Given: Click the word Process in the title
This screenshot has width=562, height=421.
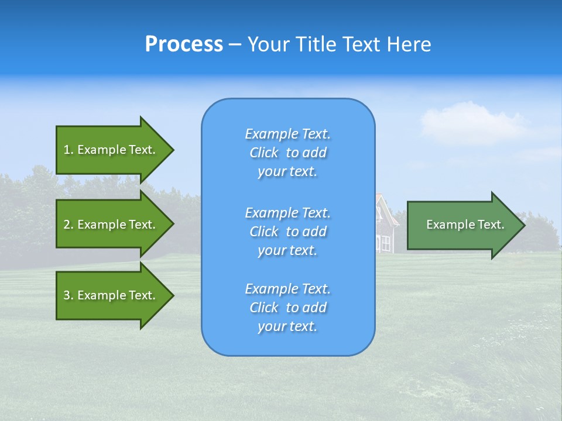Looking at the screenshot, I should [x=184, y=44].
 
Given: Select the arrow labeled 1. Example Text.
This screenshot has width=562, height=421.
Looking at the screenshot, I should [x=111, y=150].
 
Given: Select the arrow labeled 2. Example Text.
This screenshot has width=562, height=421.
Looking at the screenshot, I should [x=111, y=225].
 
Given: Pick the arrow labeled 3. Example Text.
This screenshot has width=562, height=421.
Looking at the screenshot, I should [x=111, y=295].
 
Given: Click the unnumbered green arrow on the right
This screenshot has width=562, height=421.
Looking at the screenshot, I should [x=462, y=225].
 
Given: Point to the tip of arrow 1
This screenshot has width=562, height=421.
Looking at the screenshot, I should [x=173, y=150].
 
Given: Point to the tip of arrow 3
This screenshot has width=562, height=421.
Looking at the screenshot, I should [x=173, y=295].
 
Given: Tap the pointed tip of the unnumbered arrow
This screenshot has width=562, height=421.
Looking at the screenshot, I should [x=524, y=225].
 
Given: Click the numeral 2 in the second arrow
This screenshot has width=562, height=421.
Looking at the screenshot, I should [x=67, y=225].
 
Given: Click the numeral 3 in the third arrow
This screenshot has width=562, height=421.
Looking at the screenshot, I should [x=67, y=295].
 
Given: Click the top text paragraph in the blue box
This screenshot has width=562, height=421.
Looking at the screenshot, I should [x=287, y=153].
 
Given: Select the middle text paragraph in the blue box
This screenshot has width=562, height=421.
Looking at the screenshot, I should [x=287, y=231].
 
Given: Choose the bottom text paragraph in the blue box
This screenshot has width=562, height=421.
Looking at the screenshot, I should [x=287, y=308].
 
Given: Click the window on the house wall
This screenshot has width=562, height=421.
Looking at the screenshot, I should [x=386, y=243].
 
